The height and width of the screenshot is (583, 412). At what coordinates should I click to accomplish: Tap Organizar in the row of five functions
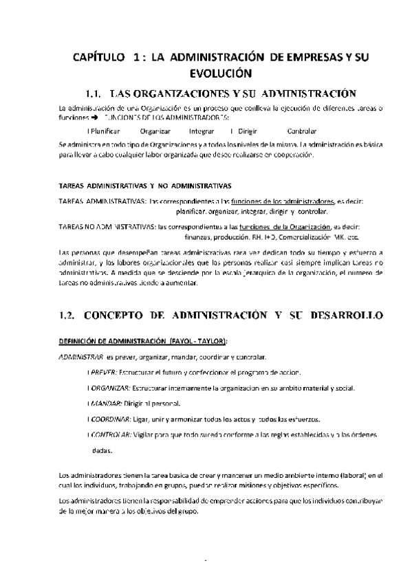click(155, 131)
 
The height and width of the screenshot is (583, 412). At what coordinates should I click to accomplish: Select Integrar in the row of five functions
click(202, 131)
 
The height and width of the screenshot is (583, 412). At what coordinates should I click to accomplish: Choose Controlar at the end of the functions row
click(301, 131)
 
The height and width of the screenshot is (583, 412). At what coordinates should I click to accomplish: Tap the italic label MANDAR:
click(106, 404)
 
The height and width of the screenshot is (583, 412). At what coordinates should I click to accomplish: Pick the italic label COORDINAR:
click(111, 419)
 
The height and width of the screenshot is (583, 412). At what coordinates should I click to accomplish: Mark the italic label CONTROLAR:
click(111, 435)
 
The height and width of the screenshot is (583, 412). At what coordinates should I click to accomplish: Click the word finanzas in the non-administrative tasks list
click(199, 236)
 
